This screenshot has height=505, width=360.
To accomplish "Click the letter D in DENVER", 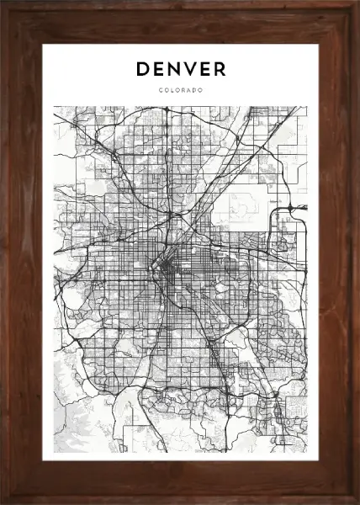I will click(141, 69).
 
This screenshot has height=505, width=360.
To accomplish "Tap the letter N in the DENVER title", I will click(173, 69).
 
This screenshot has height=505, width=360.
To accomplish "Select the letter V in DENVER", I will click(189, 69).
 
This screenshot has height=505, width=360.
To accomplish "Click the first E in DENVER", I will click(157, 69).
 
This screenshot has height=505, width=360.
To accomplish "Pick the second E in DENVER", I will click(204, 69).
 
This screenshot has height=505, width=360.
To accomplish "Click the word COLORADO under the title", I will click(180, 90).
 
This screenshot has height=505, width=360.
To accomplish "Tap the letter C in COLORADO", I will click(159, 90).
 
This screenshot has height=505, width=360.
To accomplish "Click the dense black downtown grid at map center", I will click(168, 269).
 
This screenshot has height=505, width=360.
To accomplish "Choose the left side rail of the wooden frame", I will click(21, 252).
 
